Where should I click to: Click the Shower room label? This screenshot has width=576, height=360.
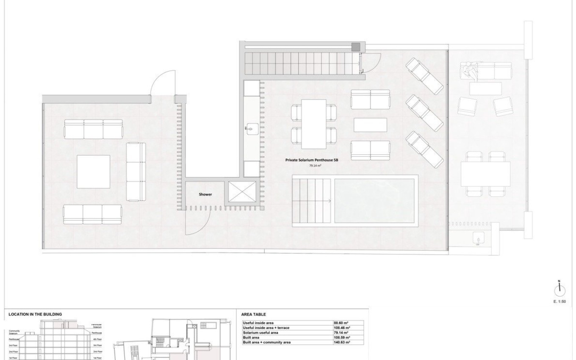[x=205, y=194]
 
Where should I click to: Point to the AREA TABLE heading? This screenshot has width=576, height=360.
[x=253, y=314]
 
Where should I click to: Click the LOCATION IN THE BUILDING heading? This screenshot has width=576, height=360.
[x=35, y=314]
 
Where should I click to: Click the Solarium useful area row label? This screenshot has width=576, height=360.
[x=260, y=333]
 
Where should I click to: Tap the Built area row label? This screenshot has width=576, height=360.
[x=251, y=338]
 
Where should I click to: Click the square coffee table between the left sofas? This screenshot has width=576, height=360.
[x=94, y=172]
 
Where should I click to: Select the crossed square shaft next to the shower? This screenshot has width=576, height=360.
[x=242, y=192]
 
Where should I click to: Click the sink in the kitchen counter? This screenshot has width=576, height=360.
[x=251, y=127]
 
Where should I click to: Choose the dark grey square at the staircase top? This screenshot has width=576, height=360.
[x=356, y=46]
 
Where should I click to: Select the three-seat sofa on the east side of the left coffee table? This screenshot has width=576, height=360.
[x=136, y=172]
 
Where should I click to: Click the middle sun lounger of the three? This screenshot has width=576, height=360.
[x=424, y=113]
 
